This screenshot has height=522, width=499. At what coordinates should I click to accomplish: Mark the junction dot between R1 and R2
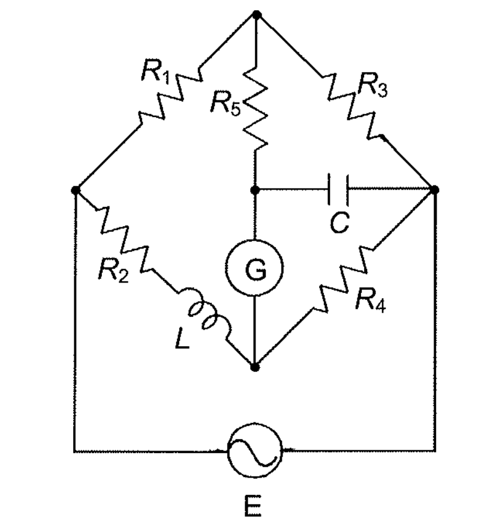coord(75,190)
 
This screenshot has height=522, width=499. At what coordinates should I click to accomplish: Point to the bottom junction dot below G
coord(255,365)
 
